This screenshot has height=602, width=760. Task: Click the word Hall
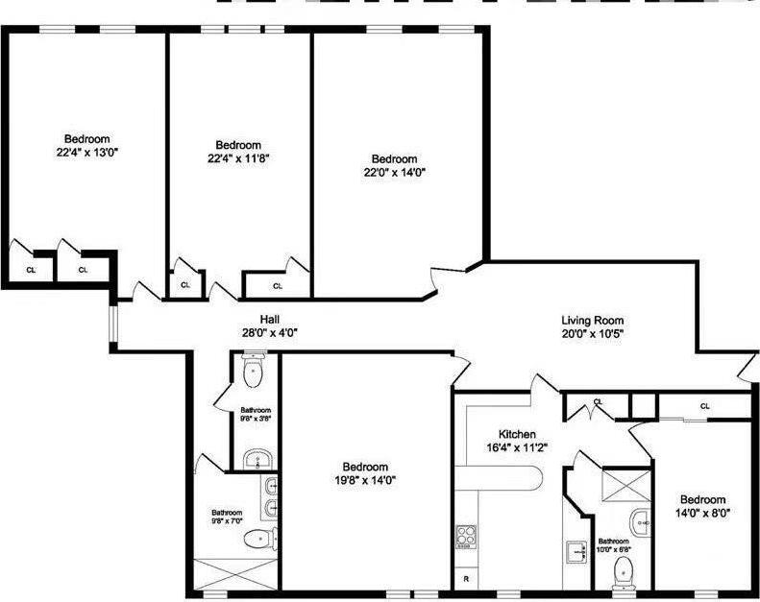[x=269, y=320]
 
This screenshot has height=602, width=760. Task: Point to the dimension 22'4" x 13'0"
[x=86, y=152]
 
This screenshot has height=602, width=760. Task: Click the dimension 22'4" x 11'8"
[x=237, y=158]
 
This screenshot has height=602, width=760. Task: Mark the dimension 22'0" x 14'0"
[x=394, y=173]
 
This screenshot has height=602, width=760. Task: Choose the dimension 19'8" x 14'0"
[x=365, y=480]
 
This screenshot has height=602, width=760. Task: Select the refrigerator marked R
[x=466, y=578]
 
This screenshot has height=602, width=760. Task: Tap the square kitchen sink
[x=578, y=551]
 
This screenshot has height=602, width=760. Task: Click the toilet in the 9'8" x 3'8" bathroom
[x=253, y=373]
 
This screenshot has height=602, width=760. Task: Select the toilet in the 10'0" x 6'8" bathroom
[x=624, y=570]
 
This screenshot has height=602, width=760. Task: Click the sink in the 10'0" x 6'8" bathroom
[x=641, y=521]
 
